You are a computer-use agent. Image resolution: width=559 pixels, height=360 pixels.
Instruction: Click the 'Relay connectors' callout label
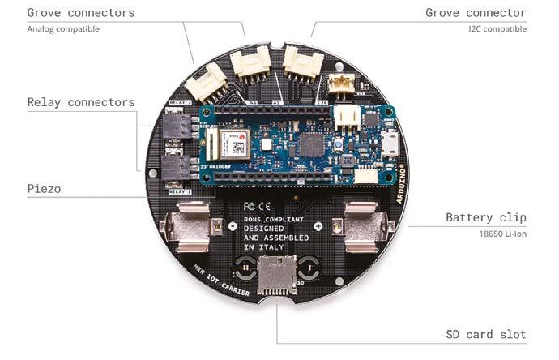[x=81, y=102]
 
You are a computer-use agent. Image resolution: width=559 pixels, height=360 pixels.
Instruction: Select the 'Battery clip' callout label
[x=486, y=217]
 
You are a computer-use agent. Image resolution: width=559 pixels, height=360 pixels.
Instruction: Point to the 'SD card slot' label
[x=486, y=334]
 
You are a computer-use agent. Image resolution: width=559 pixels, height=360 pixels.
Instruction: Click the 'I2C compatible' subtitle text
[x=497, y=29]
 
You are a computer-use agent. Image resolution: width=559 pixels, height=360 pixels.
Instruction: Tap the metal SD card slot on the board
[x=275, y=276]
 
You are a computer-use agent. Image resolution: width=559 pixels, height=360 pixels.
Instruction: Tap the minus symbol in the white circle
[x=233, y=226]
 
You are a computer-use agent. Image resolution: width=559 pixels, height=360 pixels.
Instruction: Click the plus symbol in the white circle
[x=318, y=226]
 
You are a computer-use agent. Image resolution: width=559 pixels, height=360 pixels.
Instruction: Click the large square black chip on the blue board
[x=311, y=147]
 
